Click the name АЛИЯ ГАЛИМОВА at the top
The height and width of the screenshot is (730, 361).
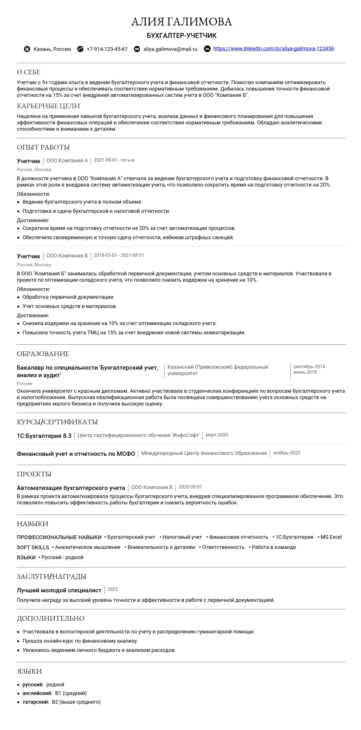[181, 22]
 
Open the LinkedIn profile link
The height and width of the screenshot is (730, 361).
[273, 49]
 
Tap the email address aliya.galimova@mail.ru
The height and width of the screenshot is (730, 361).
[170, 49]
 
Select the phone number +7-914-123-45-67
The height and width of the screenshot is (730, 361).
[107, 49]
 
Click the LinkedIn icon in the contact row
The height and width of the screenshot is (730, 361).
[207, 49]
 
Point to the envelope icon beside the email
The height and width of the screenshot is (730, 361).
[137, 49]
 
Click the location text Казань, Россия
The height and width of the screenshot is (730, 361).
[52, 49]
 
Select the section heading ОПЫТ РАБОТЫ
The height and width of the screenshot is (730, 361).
[43, 147]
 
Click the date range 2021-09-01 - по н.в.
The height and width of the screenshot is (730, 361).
[114, 160]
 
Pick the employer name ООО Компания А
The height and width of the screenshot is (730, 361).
[67, 161]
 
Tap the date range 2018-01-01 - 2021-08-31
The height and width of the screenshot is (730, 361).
[119, 255]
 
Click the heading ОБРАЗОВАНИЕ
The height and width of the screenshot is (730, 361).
[43, 354]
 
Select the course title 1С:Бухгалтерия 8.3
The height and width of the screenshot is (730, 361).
[44, 436]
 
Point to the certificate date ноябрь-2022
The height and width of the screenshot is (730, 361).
[286, 453]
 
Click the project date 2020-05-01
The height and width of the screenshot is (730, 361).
[190, 487]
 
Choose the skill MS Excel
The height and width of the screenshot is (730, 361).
[331, 537]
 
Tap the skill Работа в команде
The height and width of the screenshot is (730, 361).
[274, 547]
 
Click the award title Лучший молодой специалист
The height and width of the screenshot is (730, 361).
[59, 590]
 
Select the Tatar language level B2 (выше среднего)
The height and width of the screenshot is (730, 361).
[76, 702]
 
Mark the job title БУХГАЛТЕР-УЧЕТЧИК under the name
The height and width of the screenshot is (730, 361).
[181, 36]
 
